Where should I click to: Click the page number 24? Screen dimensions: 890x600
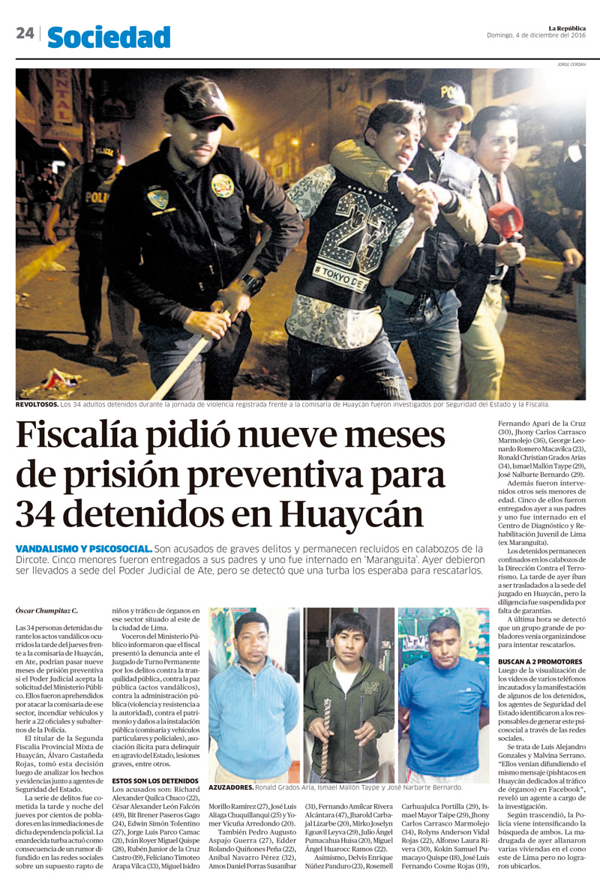click(x=25, y=34)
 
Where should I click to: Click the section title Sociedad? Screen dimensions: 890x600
click(x=109, y=36)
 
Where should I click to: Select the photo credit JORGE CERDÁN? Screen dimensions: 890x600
click(x=571, y=64)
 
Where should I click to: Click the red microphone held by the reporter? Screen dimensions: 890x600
click(x=505, y=219)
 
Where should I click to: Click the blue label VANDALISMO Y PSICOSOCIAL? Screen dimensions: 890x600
click(x=84, y=549)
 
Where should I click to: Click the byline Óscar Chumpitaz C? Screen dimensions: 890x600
click(x=46, y=611)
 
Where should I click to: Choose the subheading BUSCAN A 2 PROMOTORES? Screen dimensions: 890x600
click(x=539, y=661)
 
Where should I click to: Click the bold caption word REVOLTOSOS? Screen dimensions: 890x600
click(x=37, y=404)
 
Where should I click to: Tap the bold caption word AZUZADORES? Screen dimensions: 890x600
click(x=231, y=787)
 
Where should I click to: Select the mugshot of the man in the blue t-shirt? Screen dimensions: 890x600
click(x=443, y=694)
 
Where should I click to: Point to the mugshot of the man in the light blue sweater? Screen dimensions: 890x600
click(x=253, y=694)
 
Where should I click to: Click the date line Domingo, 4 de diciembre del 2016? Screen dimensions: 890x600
click(x=536, y=35)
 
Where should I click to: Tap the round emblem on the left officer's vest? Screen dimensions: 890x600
click(x=223, y=185)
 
